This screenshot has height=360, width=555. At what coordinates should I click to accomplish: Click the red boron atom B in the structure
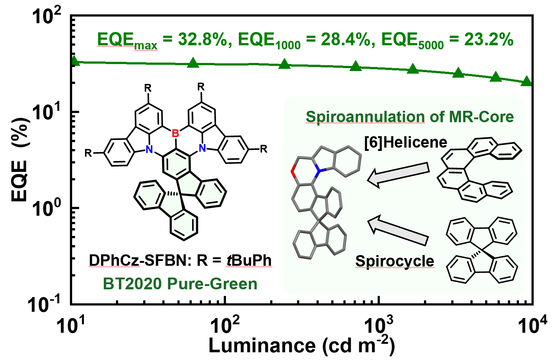tap(176, 133)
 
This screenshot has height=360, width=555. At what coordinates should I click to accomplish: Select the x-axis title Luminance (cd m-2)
tap(301, 346)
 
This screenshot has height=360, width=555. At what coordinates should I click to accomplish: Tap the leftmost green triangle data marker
tap(74, 61)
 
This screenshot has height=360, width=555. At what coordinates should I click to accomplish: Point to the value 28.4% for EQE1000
tap(345, 39)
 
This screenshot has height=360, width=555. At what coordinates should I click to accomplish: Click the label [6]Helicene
tap(406, 142)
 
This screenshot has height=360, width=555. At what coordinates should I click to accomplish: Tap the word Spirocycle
tap(395, 261)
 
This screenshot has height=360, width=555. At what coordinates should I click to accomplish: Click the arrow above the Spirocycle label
tap(399, 230)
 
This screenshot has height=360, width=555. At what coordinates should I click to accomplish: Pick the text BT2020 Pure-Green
tap(180, 284)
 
